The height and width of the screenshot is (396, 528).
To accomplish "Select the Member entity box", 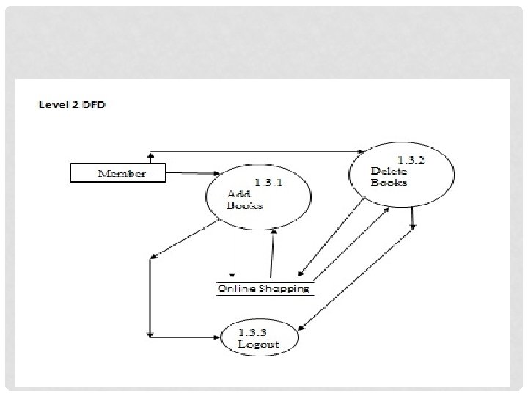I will pos(118,174).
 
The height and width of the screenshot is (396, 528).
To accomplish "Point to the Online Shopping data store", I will pos(264,288).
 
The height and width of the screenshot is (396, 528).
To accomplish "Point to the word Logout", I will pos(258,343).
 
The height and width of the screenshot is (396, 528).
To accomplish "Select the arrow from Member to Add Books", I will pos(186,174).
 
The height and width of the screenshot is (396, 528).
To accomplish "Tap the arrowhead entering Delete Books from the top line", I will pos(362,152).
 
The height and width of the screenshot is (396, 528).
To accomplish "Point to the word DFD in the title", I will pos(93,104).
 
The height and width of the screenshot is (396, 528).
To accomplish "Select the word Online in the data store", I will pos(237,288).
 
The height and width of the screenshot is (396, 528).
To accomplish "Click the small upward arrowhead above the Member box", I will pos(150,155).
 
